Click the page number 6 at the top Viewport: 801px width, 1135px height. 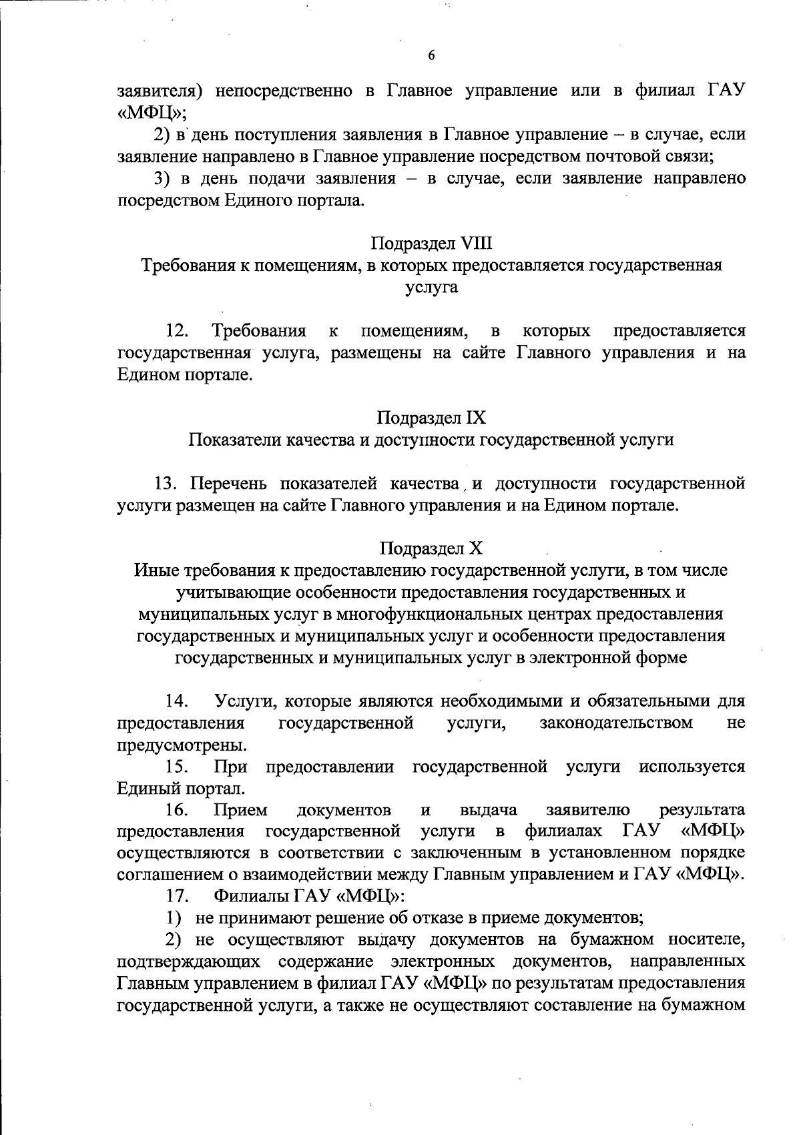431,56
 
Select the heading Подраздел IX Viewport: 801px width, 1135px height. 431,418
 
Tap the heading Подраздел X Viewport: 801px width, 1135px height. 431,548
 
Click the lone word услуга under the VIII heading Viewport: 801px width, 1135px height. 431,288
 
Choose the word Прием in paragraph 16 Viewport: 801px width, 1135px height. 240,810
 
